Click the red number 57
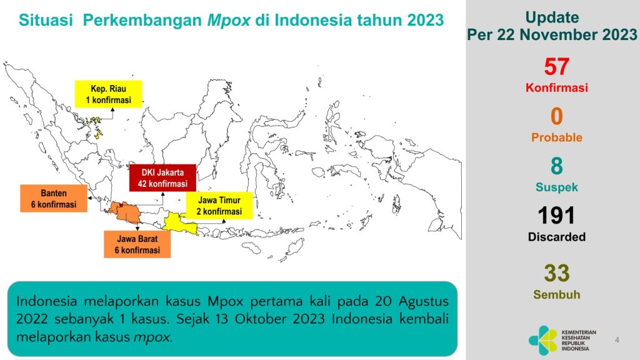coord(556,67)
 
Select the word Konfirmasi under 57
coord(556,88)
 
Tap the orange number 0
coord(556,117)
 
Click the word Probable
coord(556,137)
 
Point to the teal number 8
coord(556,166)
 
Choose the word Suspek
coord(556,187)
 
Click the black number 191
coord(556,216)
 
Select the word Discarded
coord(556,237)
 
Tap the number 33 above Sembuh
coord(556,273)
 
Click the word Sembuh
coord(556,294)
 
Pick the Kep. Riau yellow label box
coord(108,94)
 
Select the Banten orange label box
coord(53,198)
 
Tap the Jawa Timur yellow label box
coord(219,206)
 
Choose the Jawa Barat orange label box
coord(137,244)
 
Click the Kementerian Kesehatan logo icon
coord(542,341)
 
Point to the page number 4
coord(617,340)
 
